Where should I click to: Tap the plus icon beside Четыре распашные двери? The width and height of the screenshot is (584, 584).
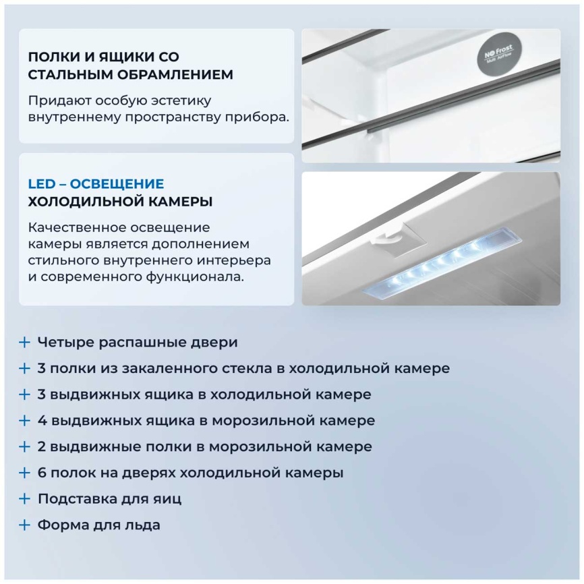pyautogui.click(x=24, y=342)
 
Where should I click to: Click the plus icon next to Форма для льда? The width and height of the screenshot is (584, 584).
pyautogui.click(x=24, y=525)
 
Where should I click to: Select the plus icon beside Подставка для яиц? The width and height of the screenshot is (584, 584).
pyautogui.click(x=24, y=499)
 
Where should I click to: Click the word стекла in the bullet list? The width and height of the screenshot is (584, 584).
pyautogui.click(x=259, y=368)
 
